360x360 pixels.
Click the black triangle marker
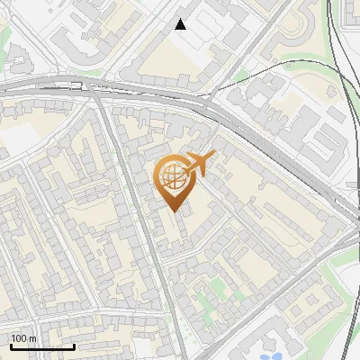(x=181, y=24)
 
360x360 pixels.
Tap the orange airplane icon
(x=200, y=164)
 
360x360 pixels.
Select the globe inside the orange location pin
(x=171, y=176)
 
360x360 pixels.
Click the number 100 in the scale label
(x=19, y=338)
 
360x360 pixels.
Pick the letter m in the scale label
(x=33, y=338)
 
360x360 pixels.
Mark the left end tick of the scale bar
(x=11, y=346)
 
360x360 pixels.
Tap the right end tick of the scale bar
(x=75, y=346)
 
